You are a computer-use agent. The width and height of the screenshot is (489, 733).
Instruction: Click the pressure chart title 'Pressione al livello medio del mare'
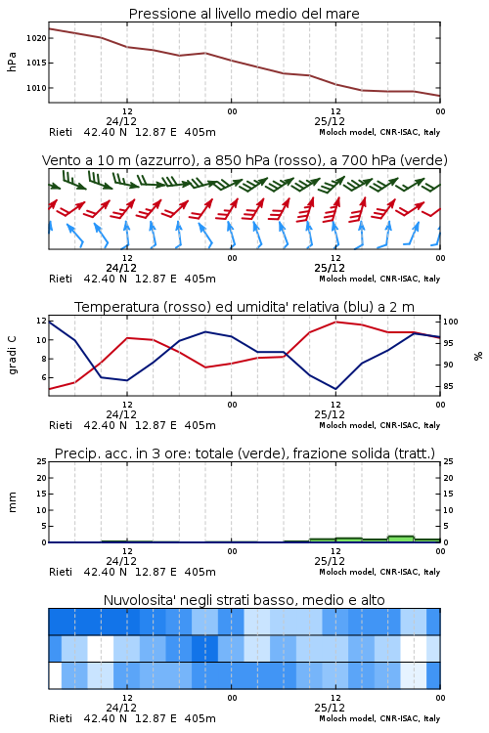244,14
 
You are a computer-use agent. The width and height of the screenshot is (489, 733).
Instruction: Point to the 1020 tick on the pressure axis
36,38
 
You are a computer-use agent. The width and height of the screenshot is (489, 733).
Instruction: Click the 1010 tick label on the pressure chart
36,88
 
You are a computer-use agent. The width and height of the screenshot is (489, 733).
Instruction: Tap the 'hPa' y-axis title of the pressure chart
12,63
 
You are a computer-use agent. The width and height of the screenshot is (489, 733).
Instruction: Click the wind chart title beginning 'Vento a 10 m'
244,160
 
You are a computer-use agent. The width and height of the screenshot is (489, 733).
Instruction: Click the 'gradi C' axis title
12,355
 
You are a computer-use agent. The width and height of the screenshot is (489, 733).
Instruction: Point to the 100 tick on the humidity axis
451,322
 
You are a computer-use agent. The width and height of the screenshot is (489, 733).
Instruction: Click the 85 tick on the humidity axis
448,387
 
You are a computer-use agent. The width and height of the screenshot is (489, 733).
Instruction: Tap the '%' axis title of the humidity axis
478,356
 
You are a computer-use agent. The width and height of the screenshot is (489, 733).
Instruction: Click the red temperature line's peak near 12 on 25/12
336,322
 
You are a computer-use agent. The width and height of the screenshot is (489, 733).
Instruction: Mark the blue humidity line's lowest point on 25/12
335,389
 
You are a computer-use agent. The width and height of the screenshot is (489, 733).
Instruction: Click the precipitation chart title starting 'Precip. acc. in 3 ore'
244,453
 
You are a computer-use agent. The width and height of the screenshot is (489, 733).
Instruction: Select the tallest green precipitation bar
401,539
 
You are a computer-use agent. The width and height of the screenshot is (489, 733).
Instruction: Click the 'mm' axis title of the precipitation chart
12,502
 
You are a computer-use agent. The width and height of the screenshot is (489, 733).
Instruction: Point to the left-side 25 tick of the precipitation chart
42,462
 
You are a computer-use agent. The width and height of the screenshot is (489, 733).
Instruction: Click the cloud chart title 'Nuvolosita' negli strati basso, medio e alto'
244,600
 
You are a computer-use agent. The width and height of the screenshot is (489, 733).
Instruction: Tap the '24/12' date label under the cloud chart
121,708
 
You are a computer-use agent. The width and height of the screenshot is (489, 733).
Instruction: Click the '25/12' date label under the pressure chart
330,121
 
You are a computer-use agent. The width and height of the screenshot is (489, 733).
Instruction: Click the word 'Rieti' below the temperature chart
61,425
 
